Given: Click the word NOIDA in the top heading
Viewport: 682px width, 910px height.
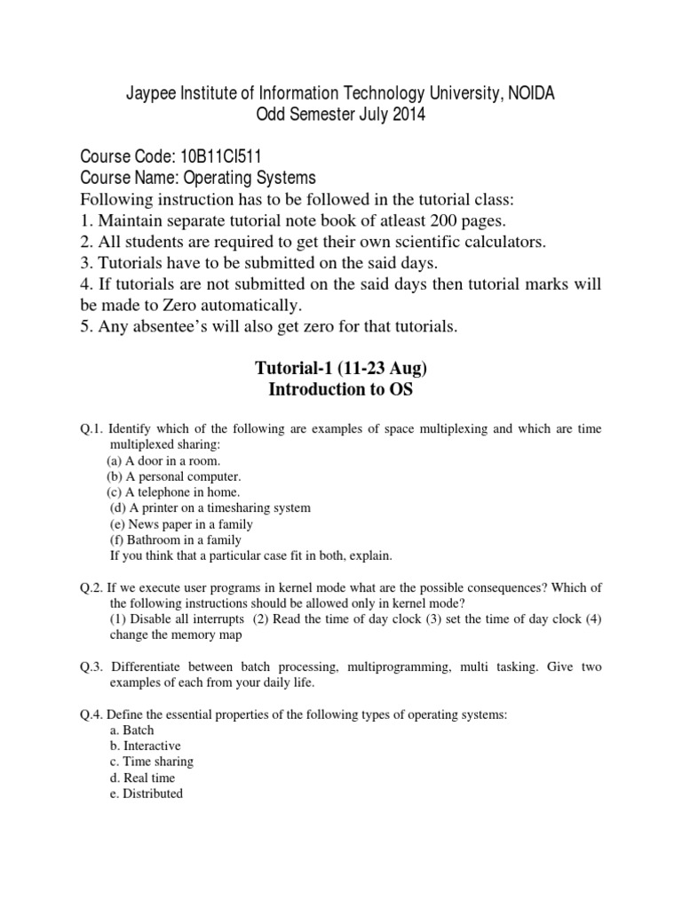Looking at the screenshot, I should [x=529, y=94].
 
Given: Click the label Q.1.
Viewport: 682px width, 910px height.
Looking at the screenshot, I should [x=92, y=429].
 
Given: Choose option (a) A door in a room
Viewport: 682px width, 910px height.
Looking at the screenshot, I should [x=163, y=460].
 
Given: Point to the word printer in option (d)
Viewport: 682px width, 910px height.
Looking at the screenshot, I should [x=162, y=507].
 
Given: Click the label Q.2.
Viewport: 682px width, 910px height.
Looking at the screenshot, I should [x=92, y=587].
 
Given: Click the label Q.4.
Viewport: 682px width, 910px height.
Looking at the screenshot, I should [x=92, y=714].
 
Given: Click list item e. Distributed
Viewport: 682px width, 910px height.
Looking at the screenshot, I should [x=147, y=794].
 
